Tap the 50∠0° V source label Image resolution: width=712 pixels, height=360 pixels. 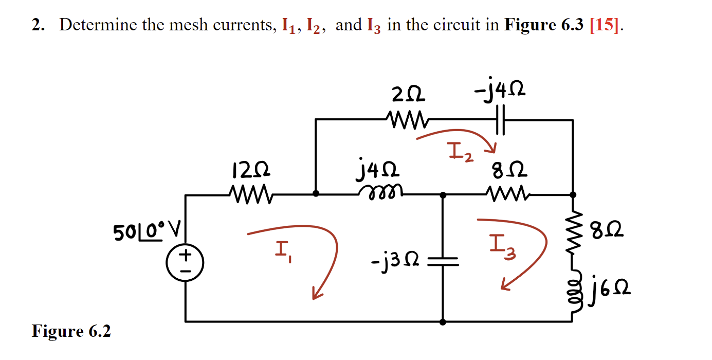pos(145,232)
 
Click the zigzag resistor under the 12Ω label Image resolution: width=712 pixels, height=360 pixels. pos(249,194)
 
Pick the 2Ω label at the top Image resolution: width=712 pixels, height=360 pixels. pos(409,95)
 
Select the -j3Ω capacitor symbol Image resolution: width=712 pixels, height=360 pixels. pos(442,262)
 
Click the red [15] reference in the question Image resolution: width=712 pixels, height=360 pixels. pos(604,25)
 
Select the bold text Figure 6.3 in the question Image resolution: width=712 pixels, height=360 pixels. pos(544,25)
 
